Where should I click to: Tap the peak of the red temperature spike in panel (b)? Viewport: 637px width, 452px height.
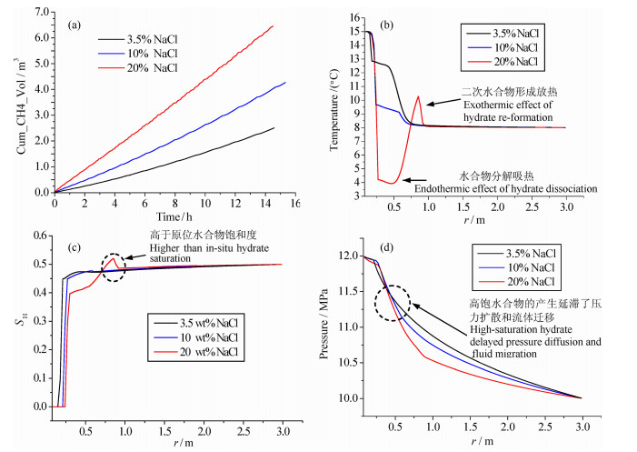(418, 96)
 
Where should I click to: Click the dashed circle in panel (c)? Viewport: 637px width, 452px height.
(114, 267)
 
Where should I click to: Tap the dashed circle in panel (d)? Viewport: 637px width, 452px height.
(392, 303)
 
